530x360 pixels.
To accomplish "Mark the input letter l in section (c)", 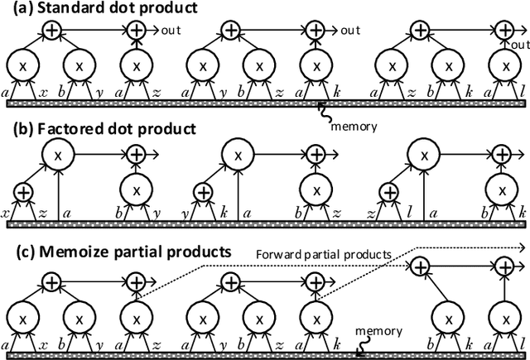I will click(x=523, y=341).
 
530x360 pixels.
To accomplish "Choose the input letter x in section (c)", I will click(x=43, y=341).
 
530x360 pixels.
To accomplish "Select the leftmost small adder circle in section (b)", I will click(x=22, y=192).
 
